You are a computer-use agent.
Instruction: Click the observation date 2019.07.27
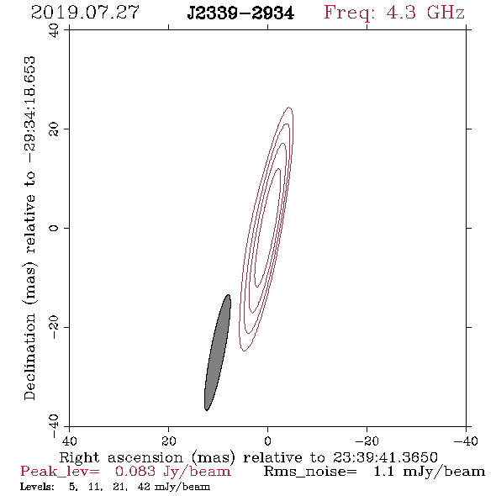pyautogui.click(x=85, y=13)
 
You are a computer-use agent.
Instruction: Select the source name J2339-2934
pyautogui.click(x=240, y=13)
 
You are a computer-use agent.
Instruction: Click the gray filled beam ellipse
pyautogui.click(x=218, y=352)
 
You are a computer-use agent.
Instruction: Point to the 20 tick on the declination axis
pyautogui.click(x=54, y=129)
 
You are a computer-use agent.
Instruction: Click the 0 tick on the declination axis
pyautogui.click(x=54, y=228)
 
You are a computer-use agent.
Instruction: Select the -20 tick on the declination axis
pyautogui.click(x=54, y=327)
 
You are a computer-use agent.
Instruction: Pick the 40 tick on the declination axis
pyautogui.click(x=54, y=30)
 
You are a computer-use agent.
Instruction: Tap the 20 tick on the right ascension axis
pyautogui.click(x=169, y=441)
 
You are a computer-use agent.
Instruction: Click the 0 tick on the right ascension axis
pyautogui.click(x=268, y=441)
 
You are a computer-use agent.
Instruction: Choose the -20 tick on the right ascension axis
pyautogui.click(x=367, y=441)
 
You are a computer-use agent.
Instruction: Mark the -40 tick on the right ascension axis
pyautogui.click(x=466, y=441)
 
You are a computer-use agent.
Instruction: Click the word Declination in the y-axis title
pyautogui.click(x=29, y=356)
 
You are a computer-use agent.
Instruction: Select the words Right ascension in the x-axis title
pyautogui.click(x=121, y=457)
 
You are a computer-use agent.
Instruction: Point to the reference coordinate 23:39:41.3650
pyautogui.click(x=385, y=457)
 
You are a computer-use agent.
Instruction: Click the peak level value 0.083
pyautogui.click(x=135, y=472)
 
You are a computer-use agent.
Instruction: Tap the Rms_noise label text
pyautogui.click(x=310, y=472)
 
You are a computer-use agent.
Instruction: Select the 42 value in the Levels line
pyautogui.click(x=144, y=486)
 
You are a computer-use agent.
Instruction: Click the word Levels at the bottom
pyautogui.click(x=37, y=486)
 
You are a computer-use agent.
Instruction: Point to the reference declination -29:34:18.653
pyautogui.click(x=30, y=109)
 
